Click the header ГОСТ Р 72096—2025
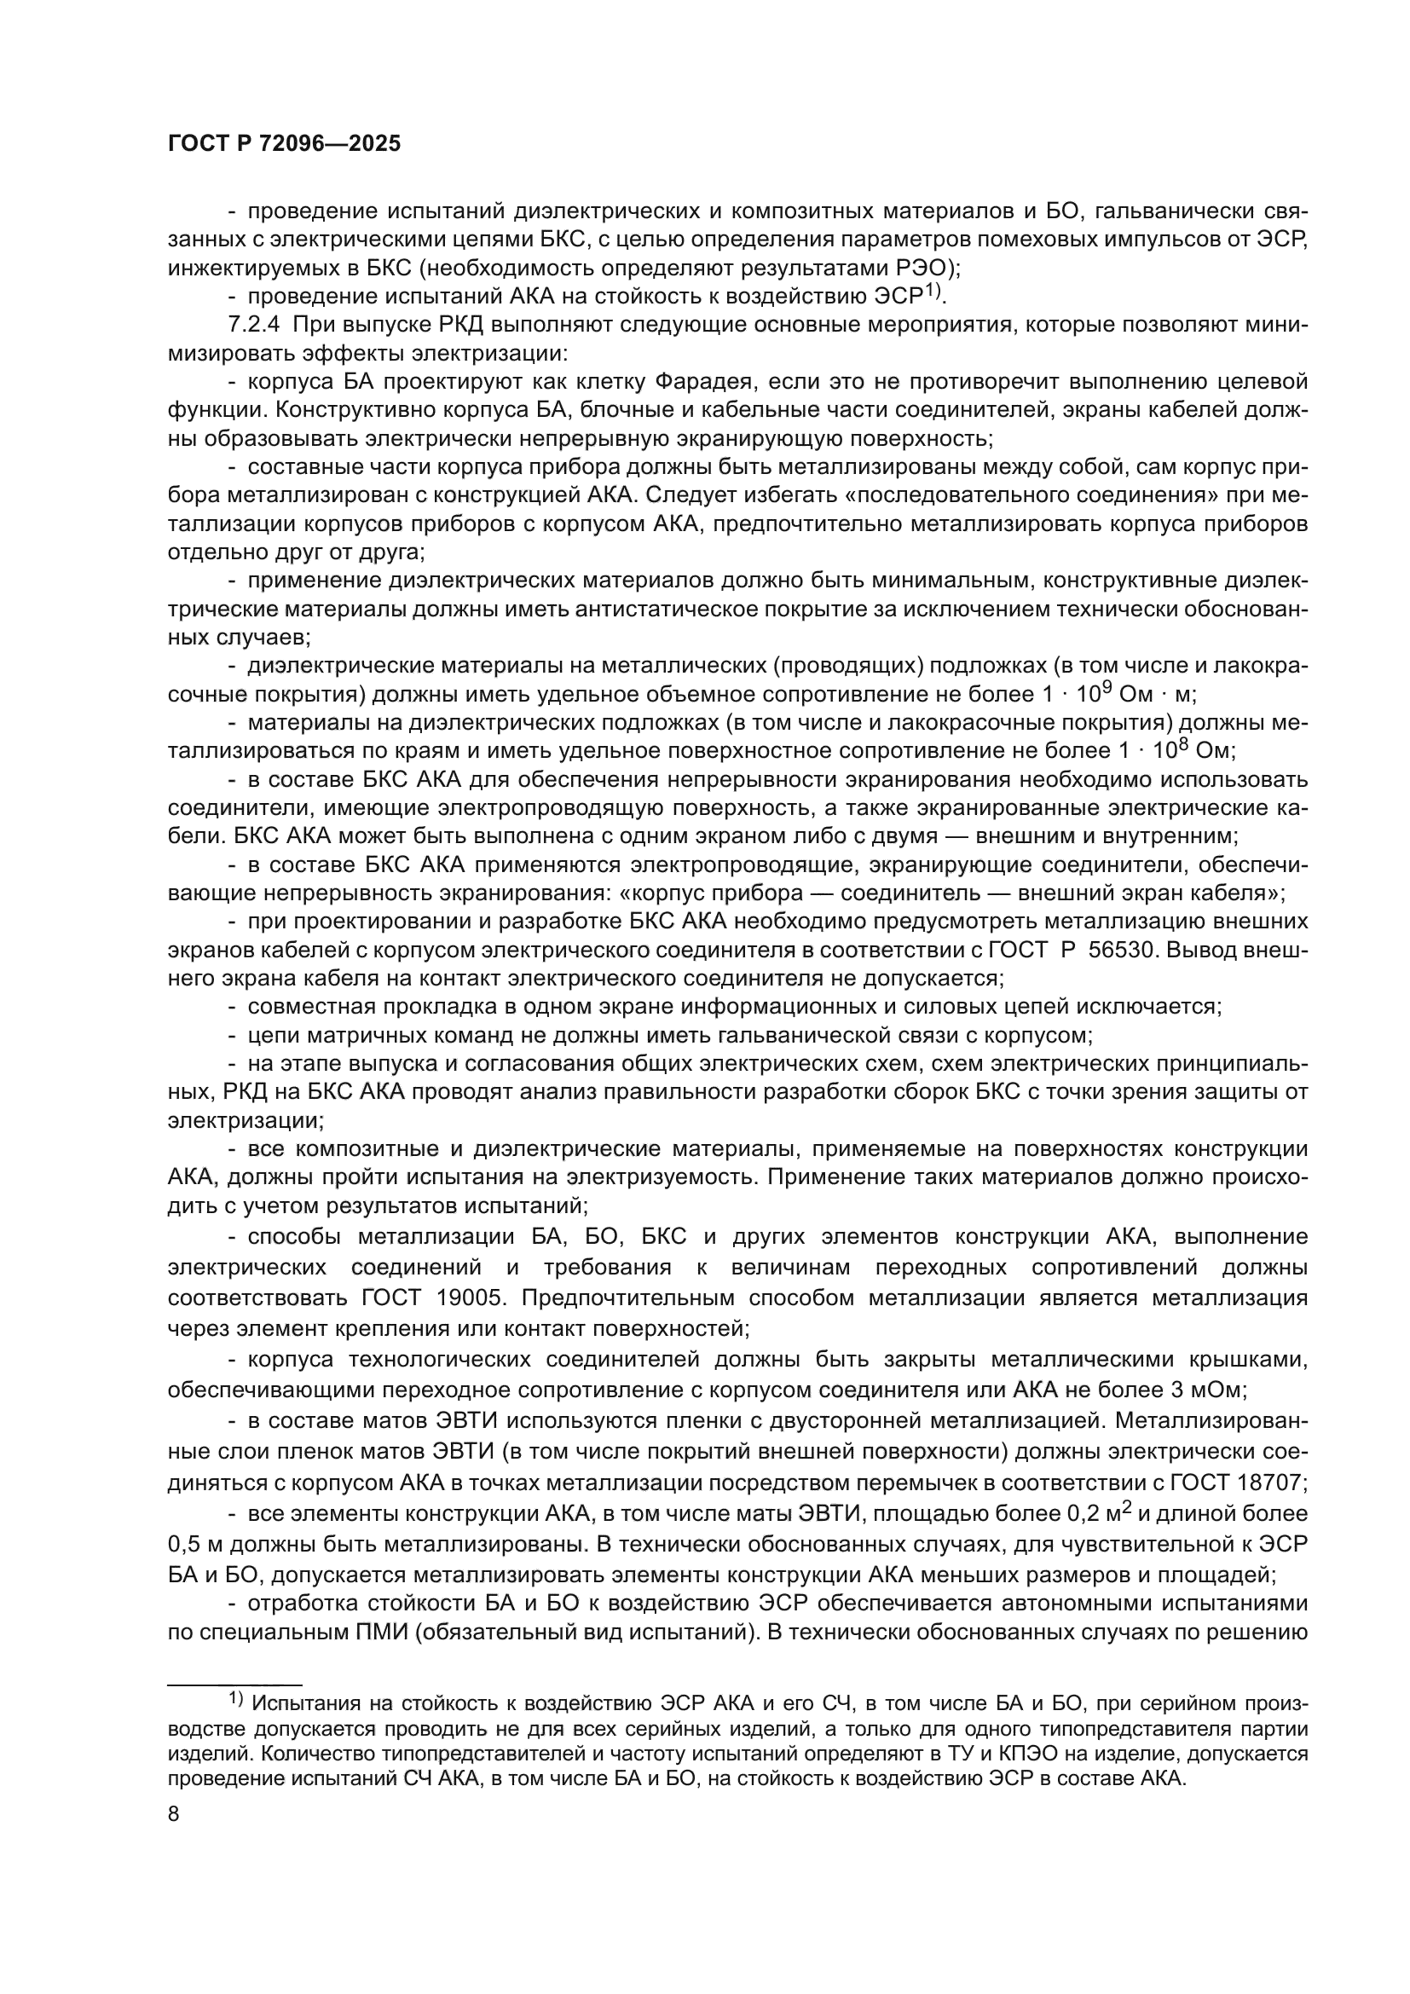[284, 144]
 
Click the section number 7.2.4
[253, 326]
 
